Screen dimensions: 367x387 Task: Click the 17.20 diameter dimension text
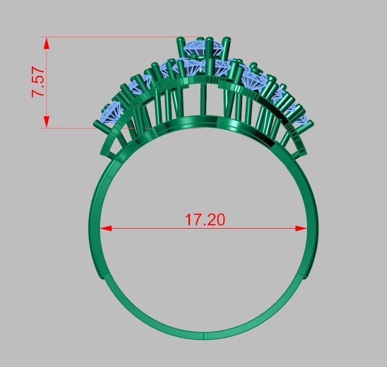click(x=205, y=219)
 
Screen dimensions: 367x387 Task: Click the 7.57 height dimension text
click(x=38, y=82)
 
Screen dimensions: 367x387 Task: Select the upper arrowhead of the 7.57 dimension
click(x=46, y=43)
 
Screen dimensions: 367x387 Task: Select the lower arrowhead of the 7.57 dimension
click(x=46, y=122)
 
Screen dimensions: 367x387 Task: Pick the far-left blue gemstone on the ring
click(x=111, y=111)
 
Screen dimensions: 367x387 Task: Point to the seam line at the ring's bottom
click(x=204, y=335)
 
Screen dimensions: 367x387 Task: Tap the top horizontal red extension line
click(x=110, y=37)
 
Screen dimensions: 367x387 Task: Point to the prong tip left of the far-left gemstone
click(x=96, y=123)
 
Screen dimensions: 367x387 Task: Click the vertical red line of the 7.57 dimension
click(x=46, y=82)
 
